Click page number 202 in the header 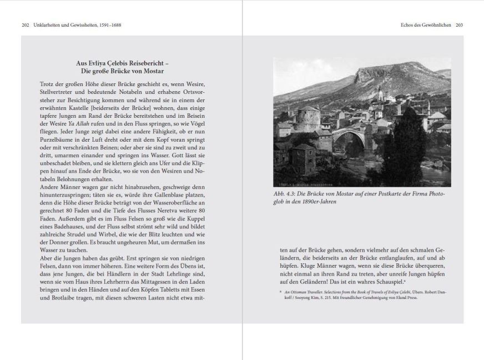click(26, 25)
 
